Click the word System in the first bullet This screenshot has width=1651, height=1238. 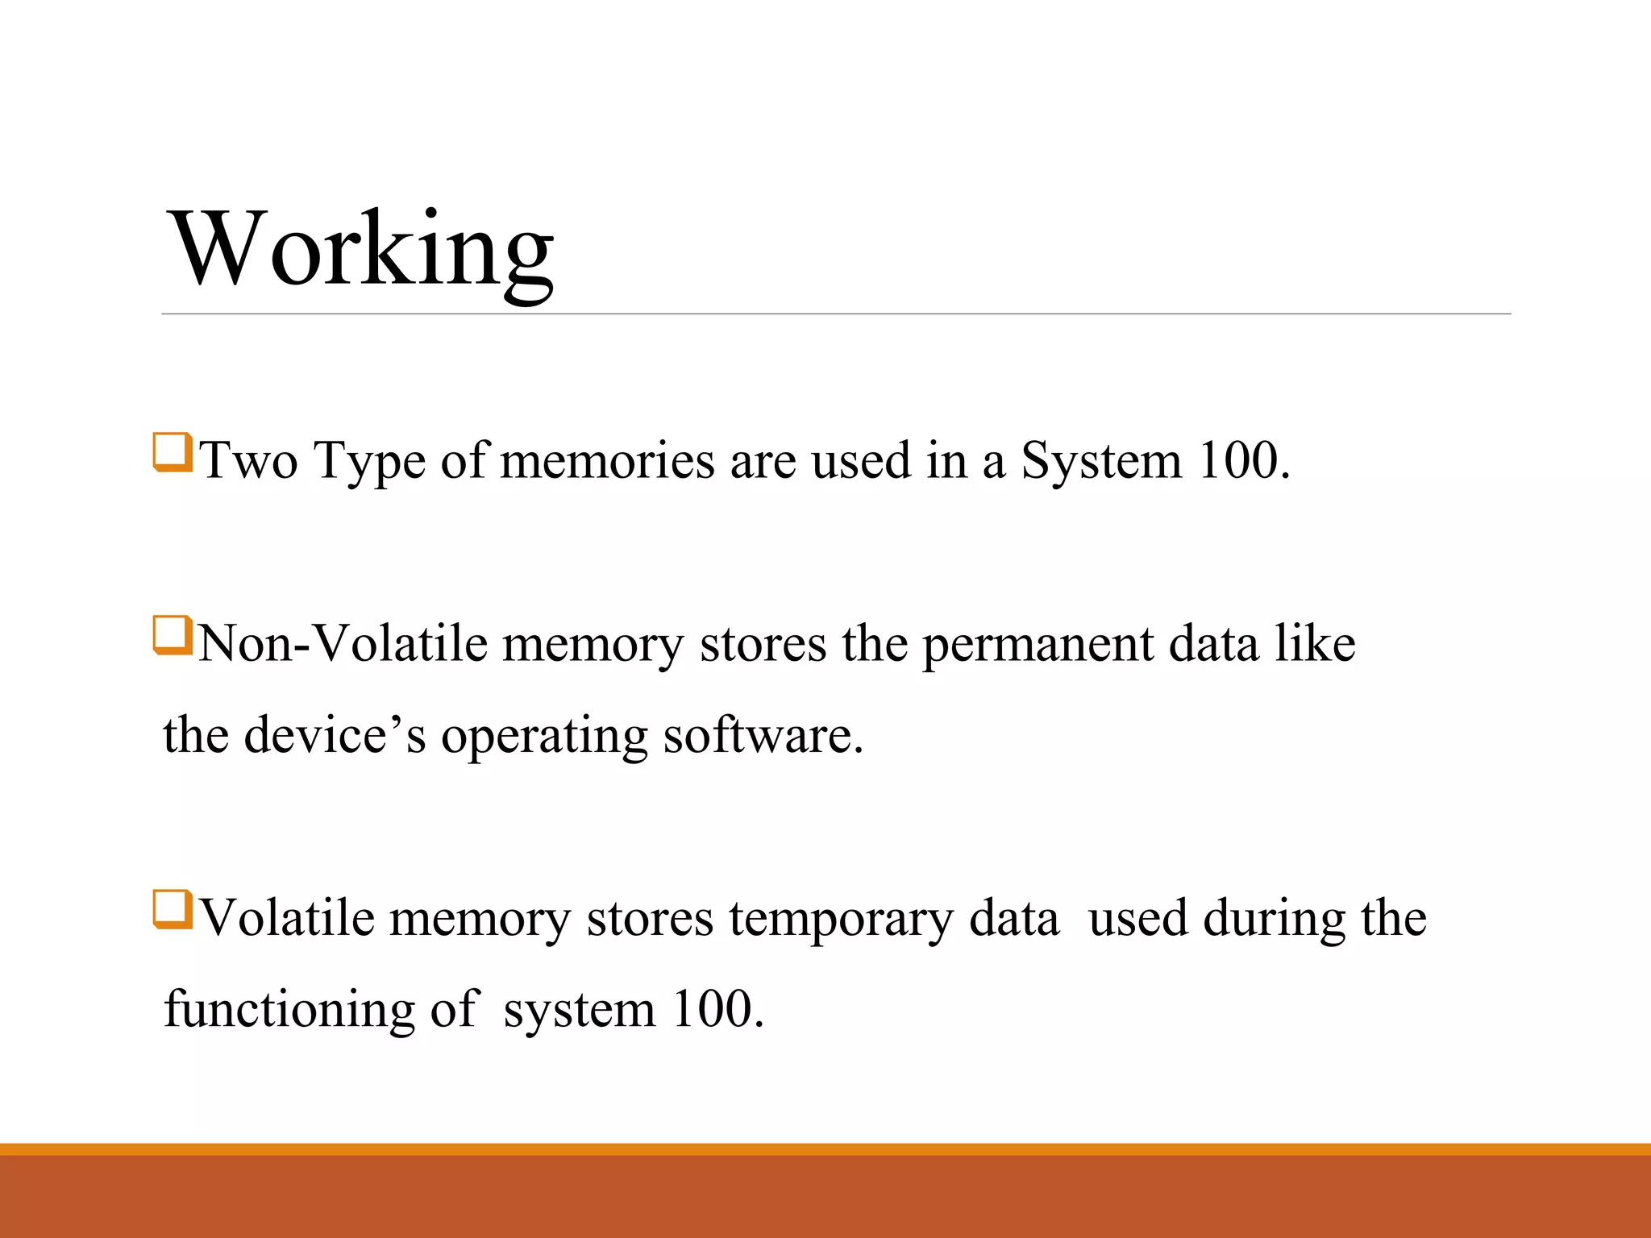pos(1100,461)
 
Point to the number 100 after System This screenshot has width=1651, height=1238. pos(1237,461)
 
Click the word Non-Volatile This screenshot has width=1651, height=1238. pos(343,644)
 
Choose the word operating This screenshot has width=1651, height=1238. pos(544,735)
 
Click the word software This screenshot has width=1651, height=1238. pos(762,735)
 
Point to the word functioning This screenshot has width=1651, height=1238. pos(289,1009)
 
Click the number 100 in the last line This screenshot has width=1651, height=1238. pos(713,1009)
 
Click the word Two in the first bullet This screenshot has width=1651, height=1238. pos(249,461)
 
